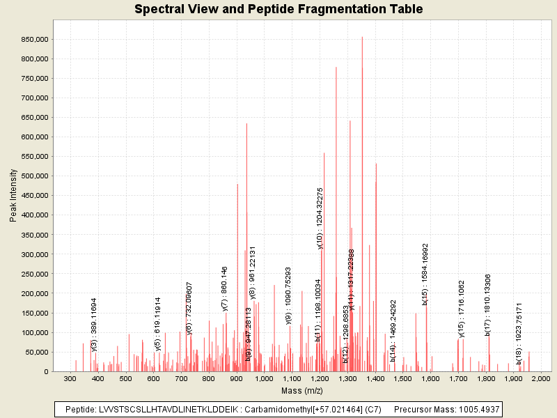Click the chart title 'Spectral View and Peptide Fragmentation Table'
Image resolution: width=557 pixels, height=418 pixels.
tap(278, 9)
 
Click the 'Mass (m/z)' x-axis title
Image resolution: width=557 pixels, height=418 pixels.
tap(302, 391)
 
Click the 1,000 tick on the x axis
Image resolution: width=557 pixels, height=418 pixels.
tap(264, 378)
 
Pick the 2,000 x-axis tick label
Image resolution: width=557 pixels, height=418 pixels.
tap(541, 378)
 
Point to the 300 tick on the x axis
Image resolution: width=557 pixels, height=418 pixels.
tap(70, 378)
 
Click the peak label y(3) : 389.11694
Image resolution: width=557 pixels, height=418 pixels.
tap(94, 324)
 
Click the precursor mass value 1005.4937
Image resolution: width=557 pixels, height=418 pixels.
tap(476, 409)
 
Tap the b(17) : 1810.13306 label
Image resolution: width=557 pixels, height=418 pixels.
tap(488, 304)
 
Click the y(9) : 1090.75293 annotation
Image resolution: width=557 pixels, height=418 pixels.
tap(288, 295)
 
